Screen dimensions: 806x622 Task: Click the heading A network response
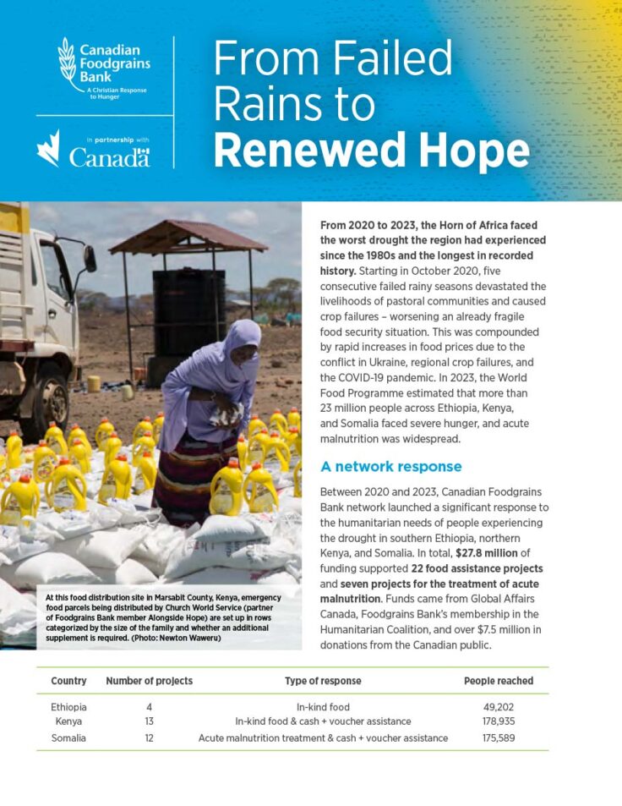pyautogui.click(x=391, y=467)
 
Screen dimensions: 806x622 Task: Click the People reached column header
pyautogui.click(x=499, y=681)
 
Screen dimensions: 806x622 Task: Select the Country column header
pyautogui.click(x=68, y=681)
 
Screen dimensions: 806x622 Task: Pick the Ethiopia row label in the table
pyautogui.click(x=69, y=706)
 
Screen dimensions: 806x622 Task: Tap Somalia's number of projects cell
pyautogui.click(x=149, y=737)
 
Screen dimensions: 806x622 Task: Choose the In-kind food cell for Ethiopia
pyautogui.click(x=323, y=706)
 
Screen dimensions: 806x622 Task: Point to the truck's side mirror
pyautogui.click(x=90, y=258)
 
